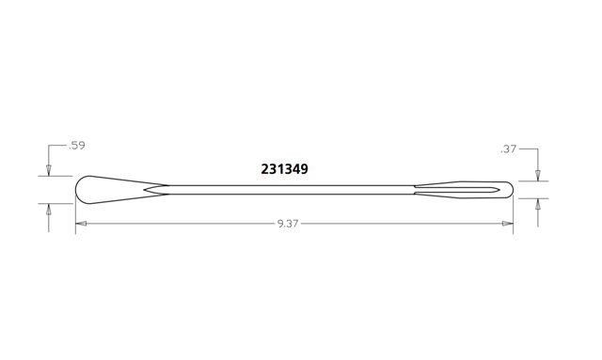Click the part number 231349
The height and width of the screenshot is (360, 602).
pos(284,169)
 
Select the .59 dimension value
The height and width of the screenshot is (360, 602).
pos(76,146)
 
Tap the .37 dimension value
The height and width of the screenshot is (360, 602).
pos(508,149)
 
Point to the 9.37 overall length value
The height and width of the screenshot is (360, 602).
pos(288,224)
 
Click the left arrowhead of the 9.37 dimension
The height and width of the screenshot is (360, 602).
pos(81,224)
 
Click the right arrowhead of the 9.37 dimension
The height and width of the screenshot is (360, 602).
pos(508,224)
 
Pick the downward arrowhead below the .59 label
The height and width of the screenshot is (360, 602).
pos(48,170)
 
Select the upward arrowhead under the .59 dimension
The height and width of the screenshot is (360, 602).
pos(48,210)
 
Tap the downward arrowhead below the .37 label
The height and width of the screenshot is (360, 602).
pos(538,175)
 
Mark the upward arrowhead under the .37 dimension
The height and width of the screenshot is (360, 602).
pos(538,205)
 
